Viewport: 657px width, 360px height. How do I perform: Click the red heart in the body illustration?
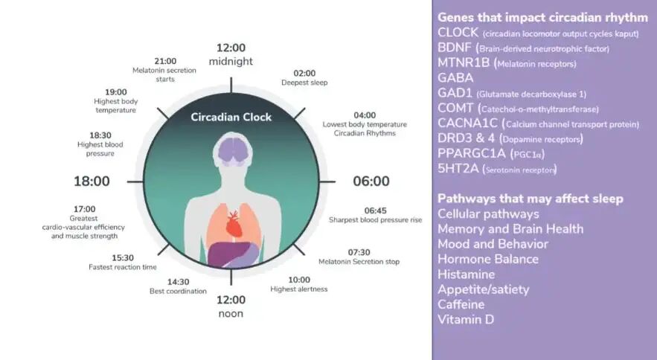pyautogui.click(x=234, y=224)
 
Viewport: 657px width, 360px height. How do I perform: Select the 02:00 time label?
pyautogui.click(x=304, y=74)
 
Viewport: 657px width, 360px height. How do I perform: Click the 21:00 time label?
pyautogui.click(x=165, y=61)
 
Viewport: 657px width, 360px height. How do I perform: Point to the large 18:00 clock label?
pyautogui.click(x=92, y=181)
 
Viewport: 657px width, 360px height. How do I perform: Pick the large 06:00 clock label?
pyautogui.click(x=371, y=181)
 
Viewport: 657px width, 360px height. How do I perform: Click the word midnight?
pyautogui.click(x=231, y=61)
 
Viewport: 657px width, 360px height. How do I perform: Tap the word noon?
pyautogui.click(x=231, y=314)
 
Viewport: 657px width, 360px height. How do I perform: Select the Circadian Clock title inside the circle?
pyautogui.click(x=231, y=118)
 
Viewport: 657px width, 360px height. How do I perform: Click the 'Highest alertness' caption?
pyautogui.click(x=299, y=289)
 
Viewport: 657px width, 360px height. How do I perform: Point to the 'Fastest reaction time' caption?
pyautogui.click(x=122, y=267)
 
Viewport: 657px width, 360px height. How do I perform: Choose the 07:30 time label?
pyautogui.click(x=359, y=252)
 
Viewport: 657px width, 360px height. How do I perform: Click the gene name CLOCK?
pyautogui.click(x=458, y=33)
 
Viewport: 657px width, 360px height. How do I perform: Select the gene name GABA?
pyautogui.click(x=455, y=78)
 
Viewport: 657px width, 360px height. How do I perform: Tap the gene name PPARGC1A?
pyautogui.click(x=472, y=153)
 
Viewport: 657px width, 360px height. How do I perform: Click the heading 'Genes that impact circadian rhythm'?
pyautogui.click(x=542, y=18)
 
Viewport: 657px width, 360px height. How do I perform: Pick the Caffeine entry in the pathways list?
pyautogui.click(x=461, y=304)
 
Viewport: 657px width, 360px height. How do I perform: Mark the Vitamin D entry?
pyautogui.click(x=466, y=319)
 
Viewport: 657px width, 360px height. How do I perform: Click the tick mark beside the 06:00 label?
pyautogui.click(x=327, y=182)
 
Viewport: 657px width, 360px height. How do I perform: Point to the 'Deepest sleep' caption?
pyautogui.click(x=304, y=83)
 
